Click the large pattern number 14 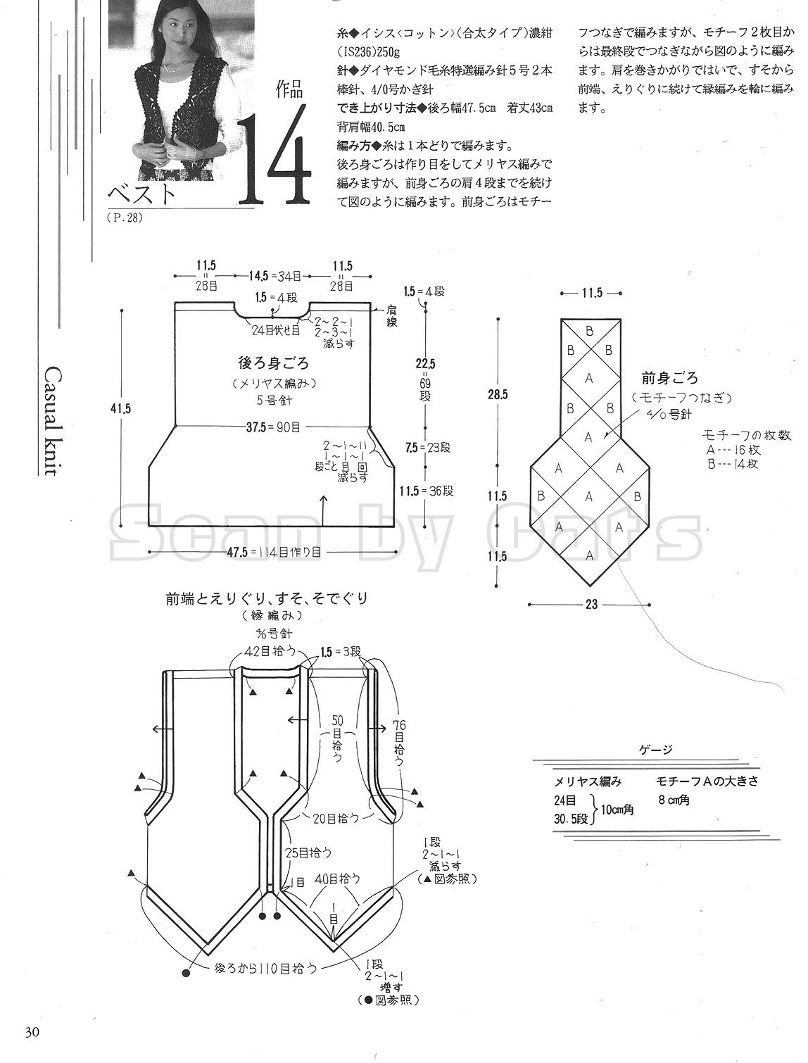pyautogui.click(x=274, y=156)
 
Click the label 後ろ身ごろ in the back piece pyautogui.click(x=274, y=363)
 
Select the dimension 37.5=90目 pyautogui.click(x=274, y=425)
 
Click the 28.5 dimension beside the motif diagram pyautogui.click(x=497, y=395)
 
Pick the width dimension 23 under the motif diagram pyautogui.click(x=591, y=604)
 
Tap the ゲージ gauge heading pyautogui.click(x=657, y=749)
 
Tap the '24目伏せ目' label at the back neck pyautogui.click(x=276, y=329)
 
